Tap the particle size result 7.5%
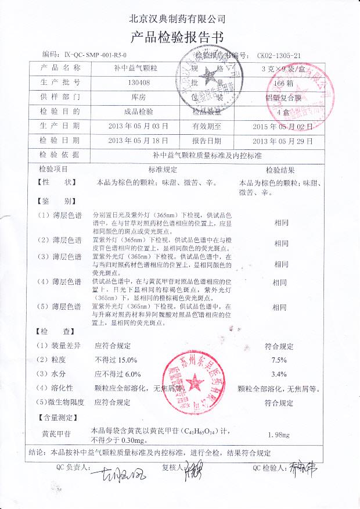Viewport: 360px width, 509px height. (280, 360)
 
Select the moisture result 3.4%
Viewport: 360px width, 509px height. (280, 374)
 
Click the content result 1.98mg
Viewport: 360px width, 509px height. (280, 435)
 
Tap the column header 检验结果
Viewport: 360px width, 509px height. (280, 170)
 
